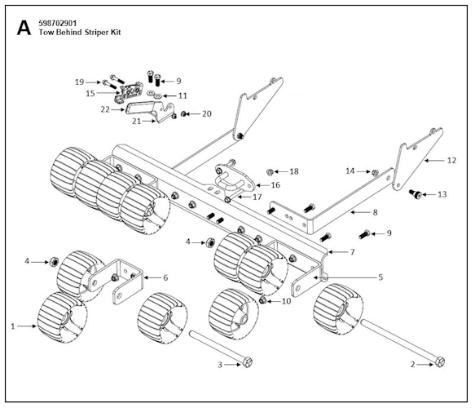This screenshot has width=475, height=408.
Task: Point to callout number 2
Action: (414, 364)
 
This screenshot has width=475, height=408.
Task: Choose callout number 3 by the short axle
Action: (220, 364)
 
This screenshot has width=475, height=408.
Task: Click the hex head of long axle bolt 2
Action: (441, 362)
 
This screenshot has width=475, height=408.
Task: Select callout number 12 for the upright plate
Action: (451, 161)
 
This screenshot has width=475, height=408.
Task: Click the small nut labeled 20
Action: (185, 113)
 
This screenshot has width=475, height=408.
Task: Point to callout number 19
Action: (79, 82)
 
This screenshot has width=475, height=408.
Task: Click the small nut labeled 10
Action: (263, 301)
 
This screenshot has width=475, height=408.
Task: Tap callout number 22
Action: (105, 109)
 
